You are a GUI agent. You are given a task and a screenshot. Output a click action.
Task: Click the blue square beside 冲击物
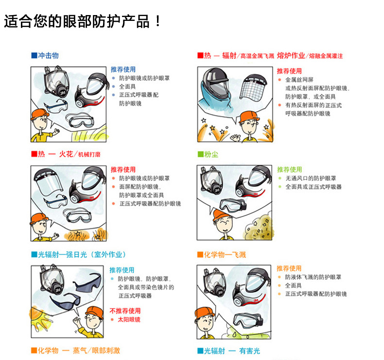[34, 55]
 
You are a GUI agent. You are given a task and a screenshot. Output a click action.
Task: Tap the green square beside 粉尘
[201, 154]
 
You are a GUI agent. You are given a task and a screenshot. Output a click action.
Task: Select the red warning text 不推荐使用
[125, 311]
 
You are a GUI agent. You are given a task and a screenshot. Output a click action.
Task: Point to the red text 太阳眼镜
[129, 319]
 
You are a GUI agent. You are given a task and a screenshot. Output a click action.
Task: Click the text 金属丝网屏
[299, 80]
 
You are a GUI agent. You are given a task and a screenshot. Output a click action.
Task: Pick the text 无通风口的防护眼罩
[311, 178]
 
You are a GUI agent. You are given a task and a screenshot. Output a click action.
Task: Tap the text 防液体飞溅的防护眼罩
[313, 277]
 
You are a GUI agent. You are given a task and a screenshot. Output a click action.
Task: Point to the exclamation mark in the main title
[158, 21]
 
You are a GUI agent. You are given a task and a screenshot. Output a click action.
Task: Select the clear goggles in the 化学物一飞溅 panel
[248, 320]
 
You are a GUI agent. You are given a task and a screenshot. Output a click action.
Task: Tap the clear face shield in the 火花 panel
[48, 182]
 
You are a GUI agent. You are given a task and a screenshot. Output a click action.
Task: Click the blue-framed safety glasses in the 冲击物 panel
[56, 106]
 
